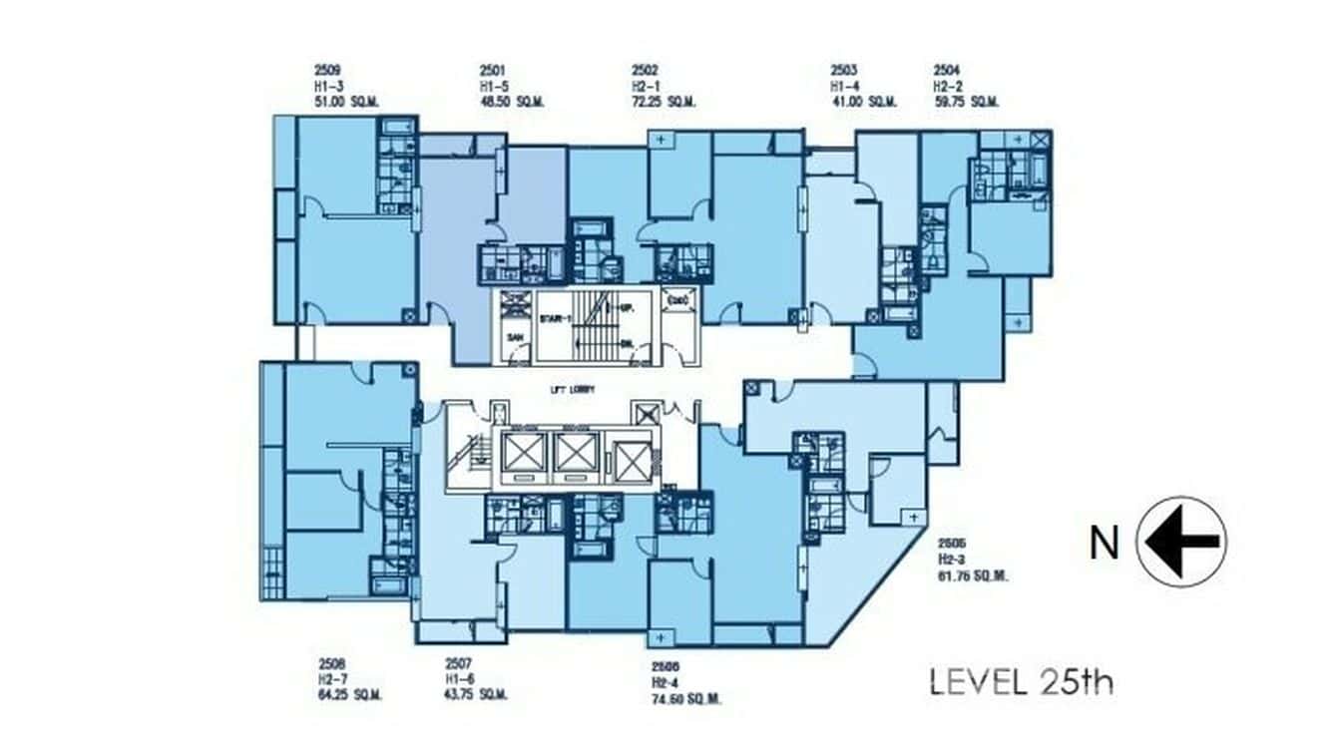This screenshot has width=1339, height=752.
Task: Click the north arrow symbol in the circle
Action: [x=1182, y=542]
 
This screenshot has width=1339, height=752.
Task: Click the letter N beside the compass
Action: [x=1104, y=544]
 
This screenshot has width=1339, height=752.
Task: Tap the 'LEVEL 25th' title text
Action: [x=1021, y=682]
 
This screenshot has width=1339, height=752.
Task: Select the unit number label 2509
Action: [x=326, y=71]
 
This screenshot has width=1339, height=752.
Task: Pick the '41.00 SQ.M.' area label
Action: [x=864, y=102]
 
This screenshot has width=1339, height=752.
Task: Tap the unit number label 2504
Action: [x=947, y=71]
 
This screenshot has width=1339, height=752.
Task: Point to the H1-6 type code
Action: [x=460, y=678]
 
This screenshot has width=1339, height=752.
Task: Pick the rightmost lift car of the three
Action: [x=632, y=462]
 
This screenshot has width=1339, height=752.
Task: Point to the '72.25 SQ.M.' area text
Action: [x=664, y=102]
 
